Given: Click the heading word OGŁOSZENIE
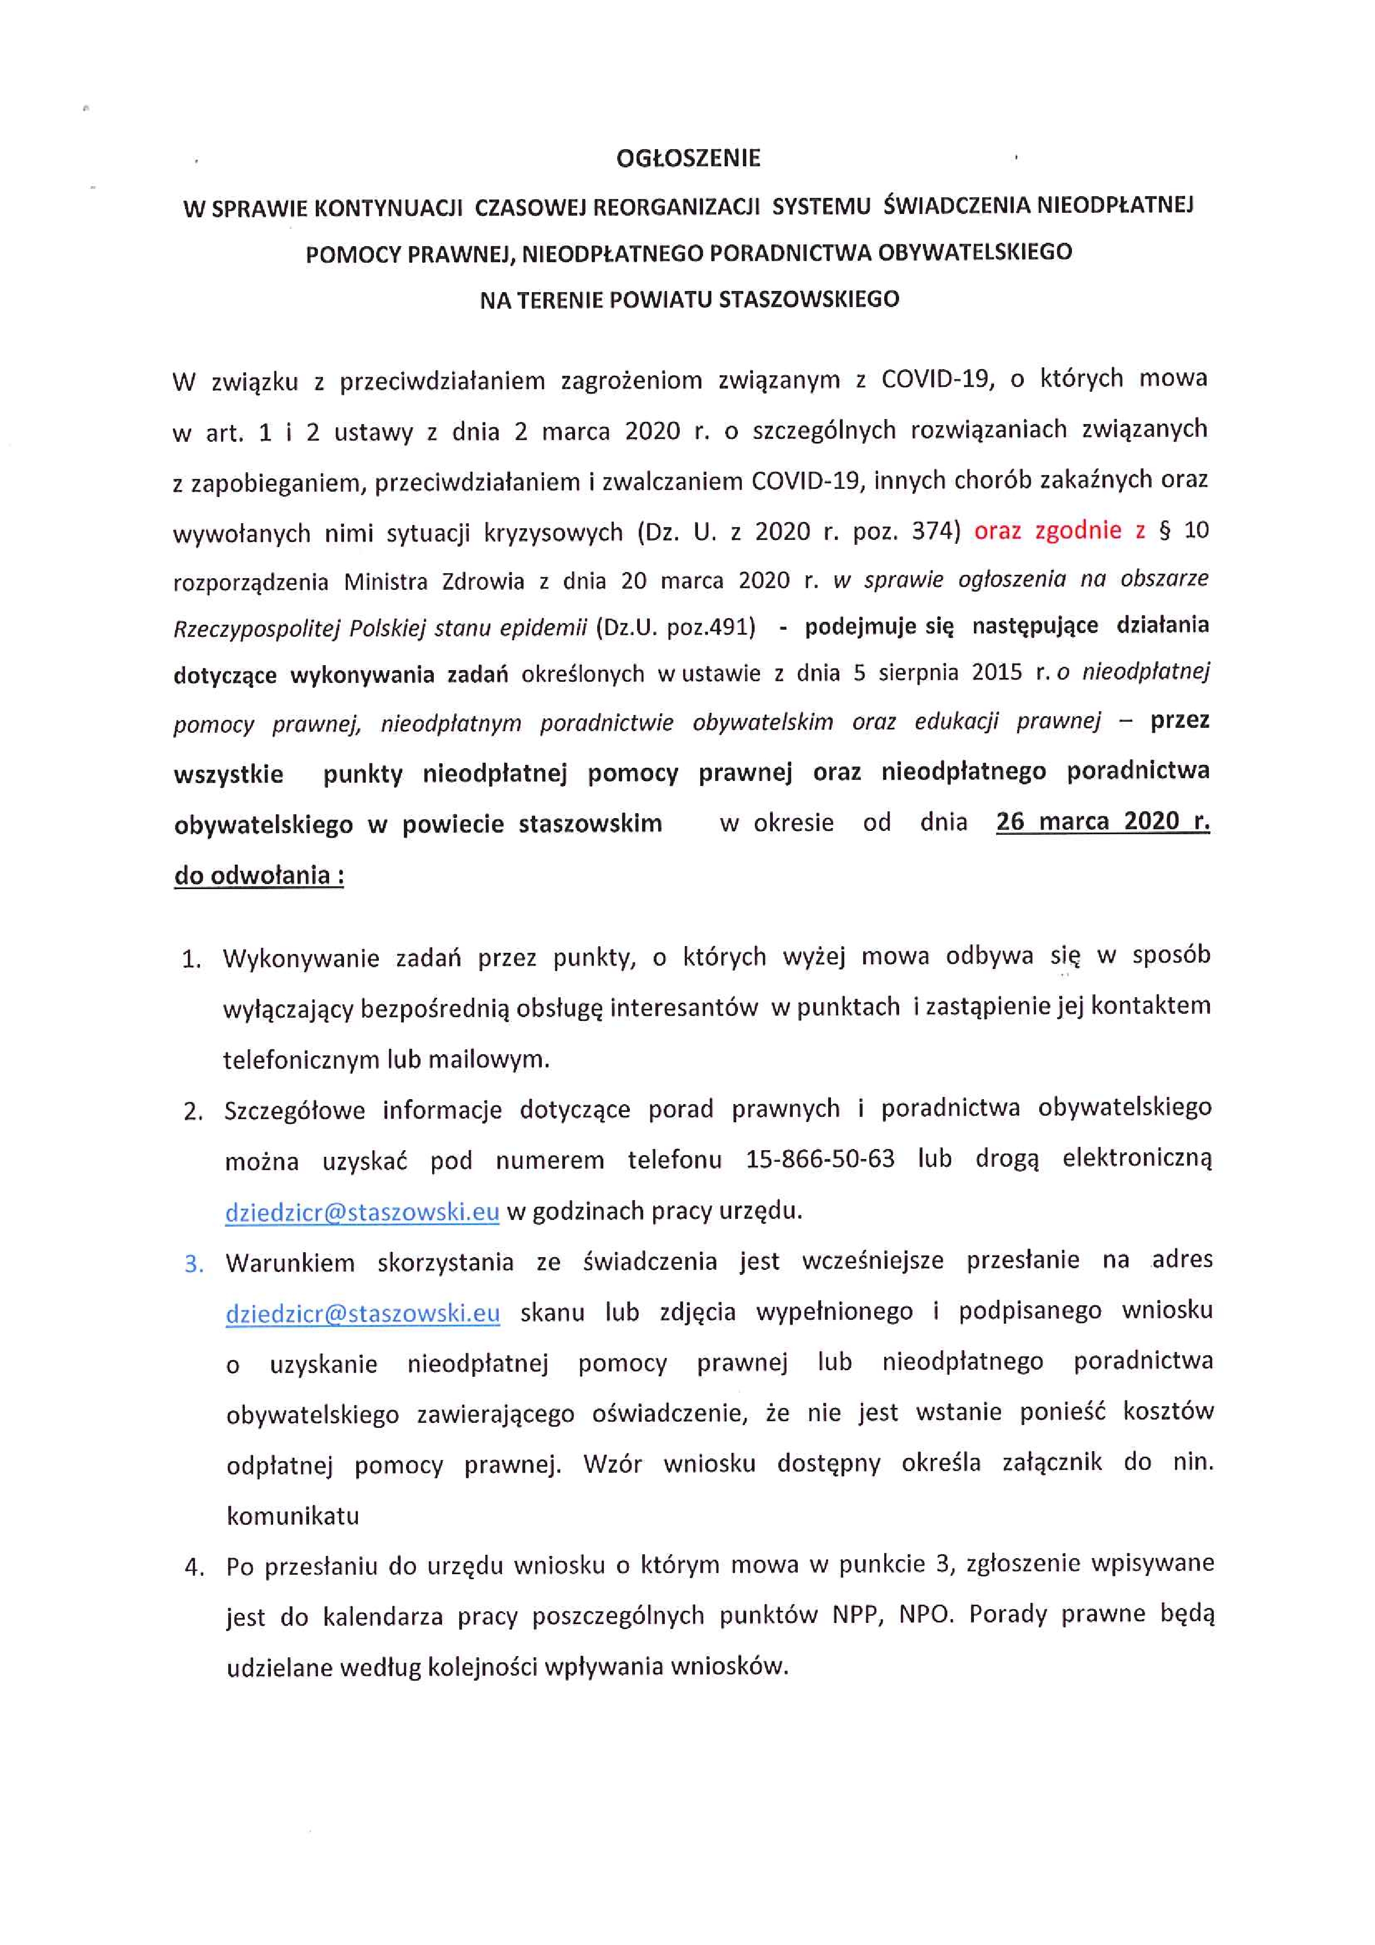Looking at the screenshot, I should pyautogui.click(x=687, y=159).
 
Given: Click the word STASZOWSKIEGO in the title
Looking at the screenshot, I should pyautogui.click(x=809, y=300).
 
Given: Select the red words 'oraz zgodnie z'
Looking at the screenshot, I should pyautogui.click(x=1058, y=531).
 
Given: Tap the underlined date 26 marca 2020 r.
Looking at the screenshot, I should pyautogui.click(x=1102, y=821).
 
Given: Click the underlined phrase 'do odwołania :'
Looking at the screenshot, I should pyautogui.click(x=259, y=875).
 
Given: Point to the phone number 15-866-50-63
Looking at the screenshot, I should pyautogui.click(x=819, y=1159).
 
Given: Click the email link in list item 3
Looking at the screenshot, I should pyautogui.click(x=362, y=1313).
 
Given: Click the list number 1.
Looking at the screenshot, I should pyautogui.click(x=191, y=960).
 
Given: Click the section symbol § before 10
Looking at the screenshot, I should pyautogui.click(x=1164, y=531).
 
